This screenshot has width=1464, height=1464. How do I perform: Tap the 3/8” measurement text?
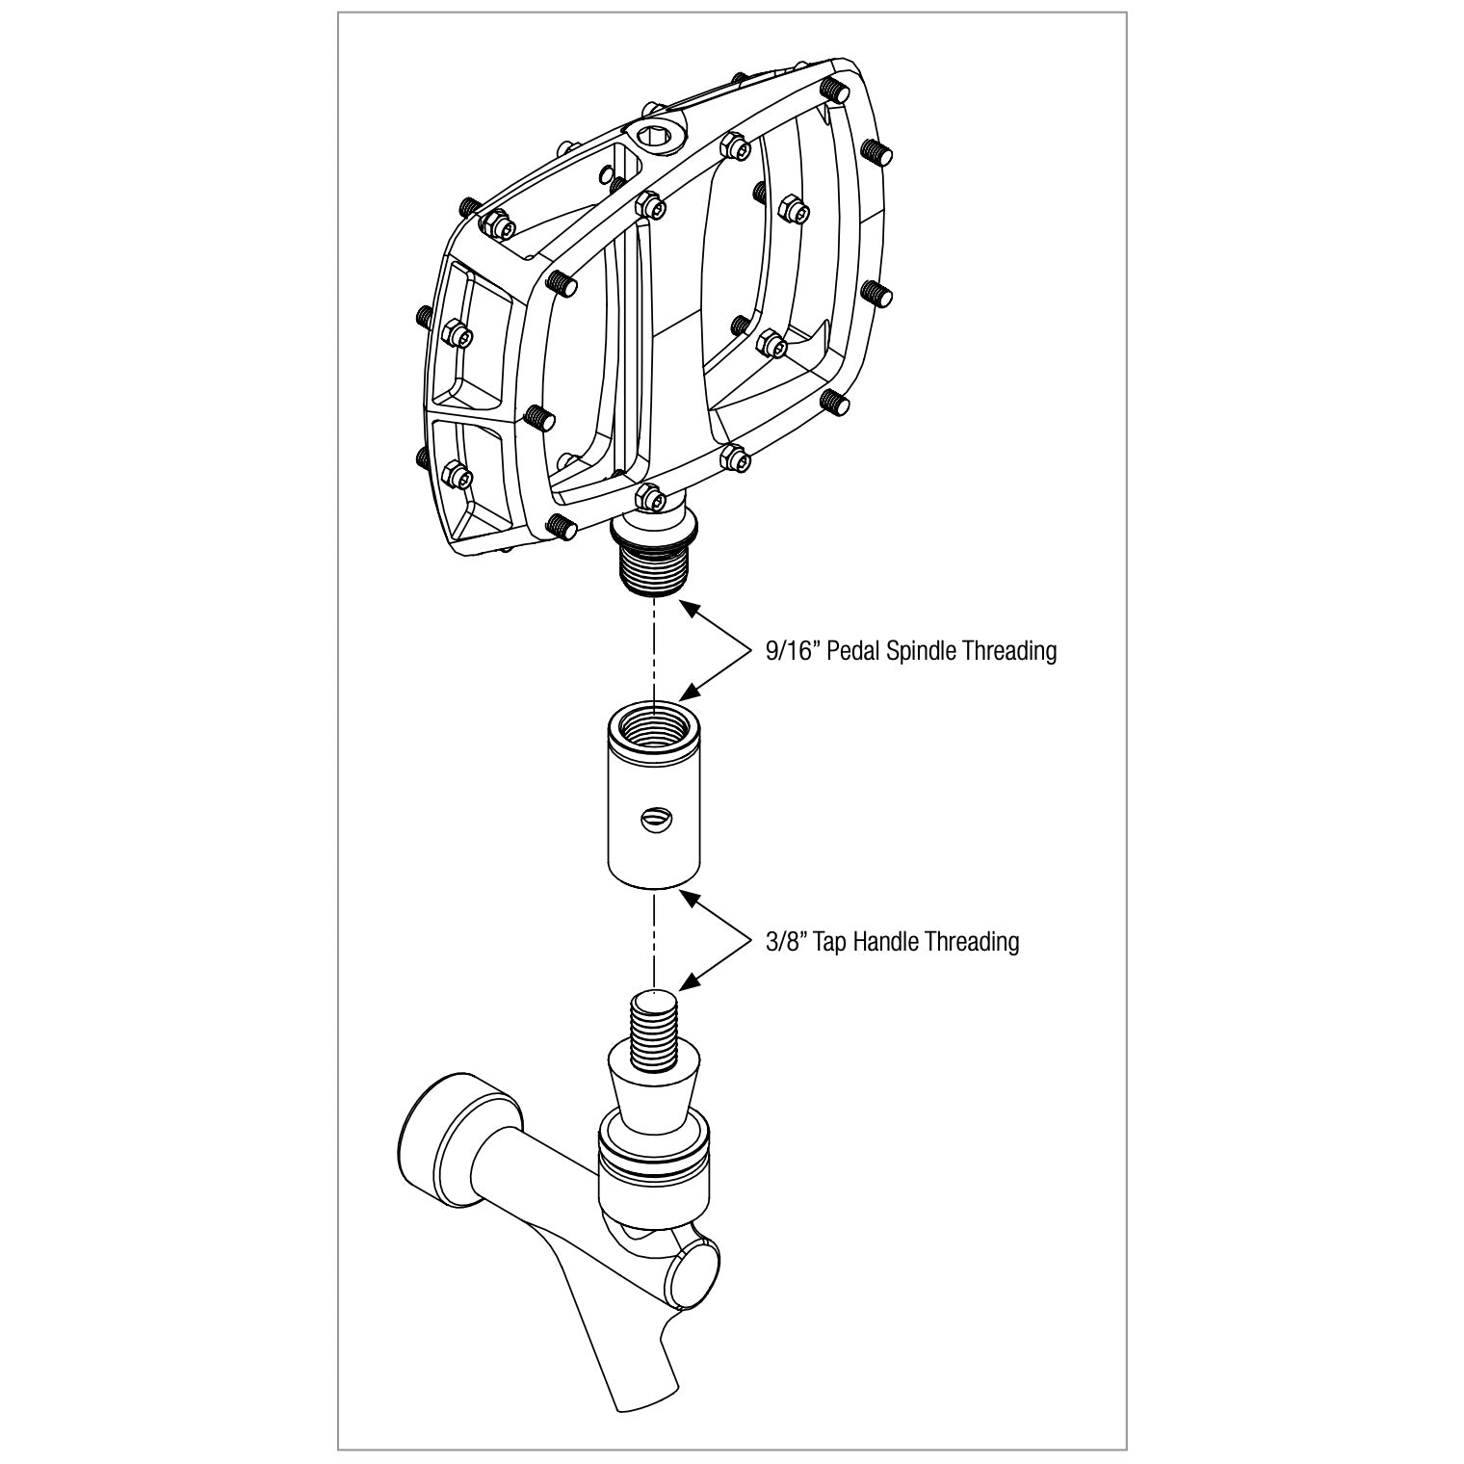click(x=785, y=941)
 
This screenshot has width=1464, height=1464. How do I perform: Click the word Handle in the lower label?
click(x=885, y=941)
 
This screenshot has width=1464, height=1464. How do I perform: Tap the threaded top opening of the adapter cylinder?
click(x=654, y=722)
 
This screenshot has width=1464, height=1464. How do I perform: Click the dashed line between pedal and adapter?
click(x=654, y=650)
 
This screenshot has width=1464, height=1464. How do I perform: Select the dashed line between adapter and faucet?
click(x=654, y=939)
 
